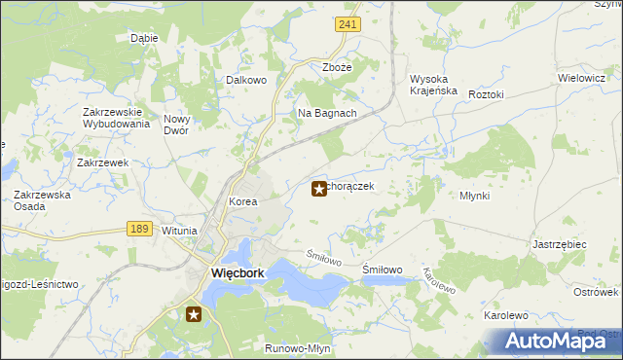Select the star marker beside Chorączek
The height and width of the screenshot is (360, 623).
(318, 189)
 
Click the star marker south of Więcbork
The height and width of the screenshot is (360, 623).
(194, 313)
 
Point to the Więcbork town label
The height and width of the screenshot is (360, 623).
(238, 273)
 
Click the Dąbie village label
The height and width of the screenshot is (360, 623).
(144, 39)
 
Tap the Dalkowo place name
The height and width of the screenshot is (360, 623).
(246, 81)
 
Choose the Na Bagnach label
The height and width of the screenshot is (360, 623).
(327, 113)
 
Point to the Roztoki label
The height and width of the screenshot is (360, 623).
(486, 94)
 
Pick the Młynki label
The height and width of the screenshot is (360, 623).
(474, 196)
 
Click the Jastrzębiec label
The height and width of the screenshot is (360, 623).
(560, 245)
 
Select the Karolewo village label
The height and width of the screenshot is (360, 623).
(505, 315)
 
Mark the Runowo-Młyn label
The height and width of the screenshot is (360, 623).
(296, 347)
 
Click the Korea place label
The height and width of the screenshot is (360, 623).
(242, 202)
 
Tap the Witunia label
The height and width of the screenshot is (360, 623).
(179, 231)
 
